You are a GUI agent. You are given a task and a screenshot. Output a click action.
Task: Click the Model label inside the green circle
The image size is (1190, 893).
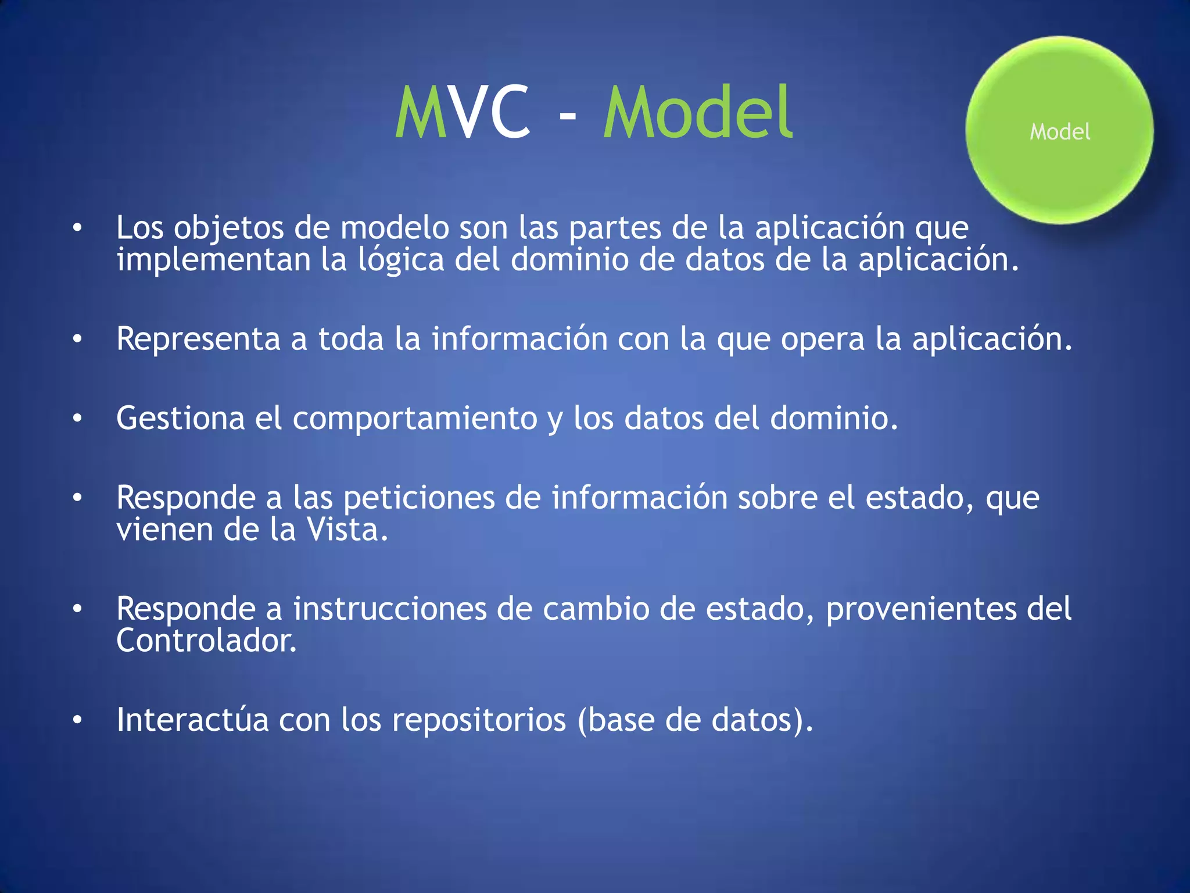click(x=1060, y=132)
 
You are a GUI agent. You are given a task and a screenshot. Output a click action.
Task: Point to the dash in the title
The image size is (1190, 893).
click(x=567, y=116)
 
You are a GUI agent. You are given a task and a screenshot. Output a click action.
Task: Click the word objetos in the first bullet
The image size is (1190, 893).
click(x=228, y=228)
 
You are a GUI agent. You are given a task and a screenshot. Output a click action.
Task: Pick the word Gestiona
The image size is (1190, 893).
click(x=180, y=418)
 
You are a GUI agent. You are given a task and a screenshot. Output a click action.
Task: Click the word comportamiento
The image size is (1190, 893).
click(x=415, y=419)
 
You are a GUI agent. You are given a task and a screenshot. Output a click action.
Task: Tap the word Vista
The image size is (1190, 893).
click(x=347, y=530)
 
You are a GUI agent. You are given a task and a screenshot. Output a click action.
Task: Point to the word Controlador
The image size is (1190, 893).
click(x=206, y=641)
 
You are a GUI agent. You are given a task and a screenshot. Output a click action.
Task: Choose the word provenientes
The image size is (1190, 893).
click(x=921, y=610)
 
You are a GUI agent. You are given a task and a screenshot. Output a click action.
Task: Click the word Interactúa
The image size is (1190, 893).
click(x=192, y=720)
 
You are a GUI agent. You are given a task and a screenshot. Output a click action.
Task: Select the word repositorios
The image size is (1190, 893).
click(x=478, y=721)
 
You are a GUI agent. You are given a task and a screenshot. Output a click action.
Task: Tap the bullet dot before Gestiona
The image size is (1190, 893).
click(x=77, y=419)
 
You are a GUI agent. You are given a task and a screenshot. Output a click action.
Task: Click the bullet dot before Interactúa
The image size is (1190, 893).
click(x=77, y=720)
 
